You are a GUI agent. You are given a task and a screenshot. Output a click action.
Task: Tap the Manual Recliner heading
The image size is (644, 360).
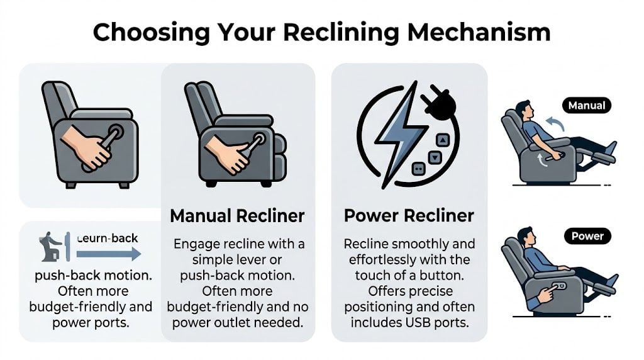pyautogui.click(x=237, y=216)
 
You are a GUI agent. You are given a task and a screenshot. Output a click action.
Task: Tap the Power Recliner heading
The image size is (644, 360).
pyautogui.click(x=409, y=216)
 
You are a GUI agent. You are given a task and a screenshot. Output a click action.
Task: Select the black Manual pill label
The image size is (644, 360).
pyautogui.click(x=586, y=105)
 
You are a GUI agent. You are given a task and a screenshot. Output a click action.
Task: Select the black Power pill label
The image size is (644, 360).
pyautogui.click(x=587, y=237)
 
